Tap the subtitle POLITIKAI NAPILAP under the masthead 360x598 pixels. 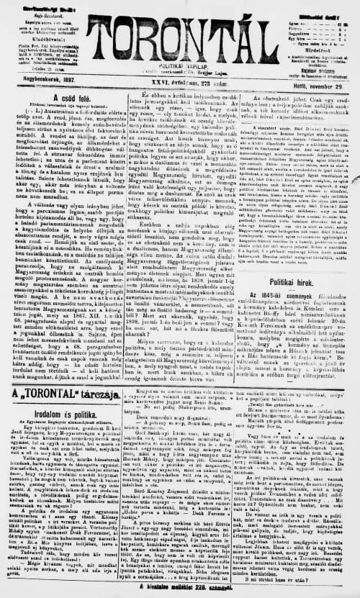tap(181, 65)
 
